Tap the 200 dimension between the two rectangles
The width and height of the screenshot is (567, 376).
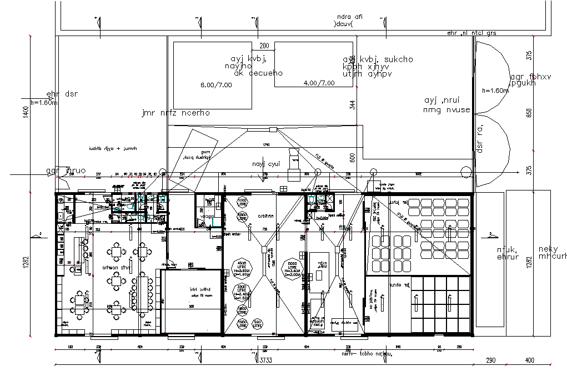264,46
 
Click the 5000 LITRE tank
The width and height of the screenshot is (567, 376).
293,269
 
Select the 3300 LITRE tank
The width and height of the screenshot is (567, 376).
242,292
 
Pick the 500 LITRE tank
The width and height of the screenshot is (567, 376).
257,323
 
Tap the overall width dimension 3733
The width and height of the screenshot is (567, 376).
266,360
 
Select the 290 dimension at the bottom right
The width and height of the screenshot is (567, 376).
490,360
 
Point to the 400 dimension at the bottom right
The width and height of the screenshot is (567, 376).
529,360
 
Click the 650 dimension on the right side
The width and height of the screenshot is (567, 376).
529,113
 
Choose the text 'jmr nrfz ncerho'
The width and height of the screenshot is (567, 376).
175,113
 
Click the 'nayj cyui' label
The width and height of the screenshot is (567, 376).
267,164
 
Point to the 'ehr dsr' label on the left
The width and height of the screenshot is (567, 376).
62,94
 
